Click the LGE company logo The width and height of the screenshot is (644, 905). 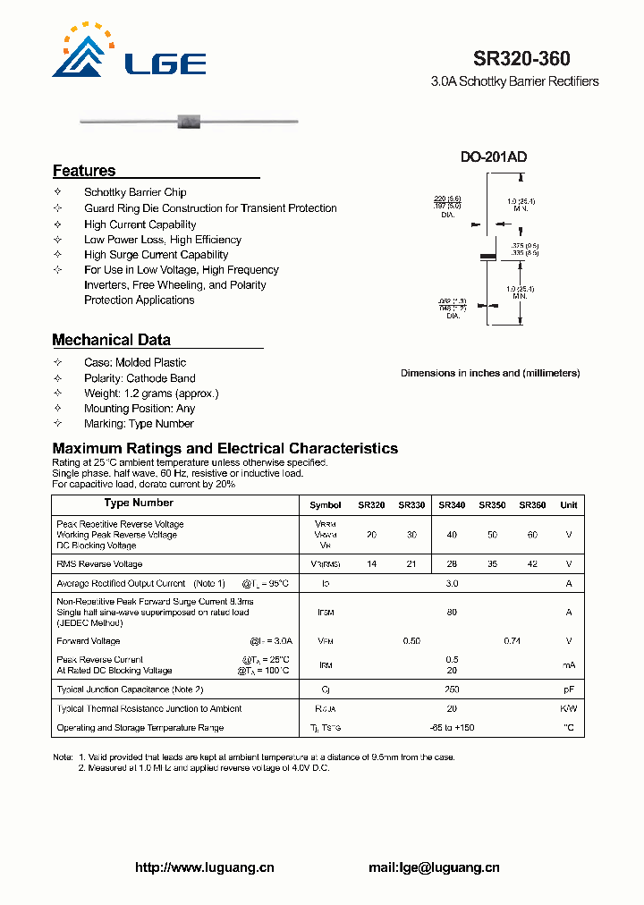(x=129, y=54)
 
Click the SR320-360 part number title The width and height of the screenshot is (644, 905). (x=521, y=58)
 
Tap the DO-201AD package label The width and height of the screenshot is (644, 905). (x=494, y=156)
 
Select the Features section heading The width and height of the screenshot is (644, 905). (x=84, y=171)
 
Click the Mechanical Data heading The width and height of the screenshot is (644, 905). (x=111, y=340)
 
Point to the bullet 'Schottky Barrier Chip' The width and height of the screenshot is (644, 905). (x=135, y=192)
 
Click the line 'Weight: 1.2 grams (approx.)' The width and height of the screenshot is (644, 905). (x=151, y=393)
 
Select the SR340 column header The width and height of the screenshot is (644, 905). (x=452, y=505)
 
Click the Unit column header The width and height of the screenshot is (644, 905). (x=569, y=505)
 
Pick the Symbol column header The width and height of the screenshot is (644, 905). (x=325, y=505)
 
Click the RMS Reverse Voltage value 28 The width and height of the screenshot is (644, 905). (x=452, y=564)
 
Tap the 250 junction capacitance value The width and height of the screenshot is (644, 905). (x=452, y=689)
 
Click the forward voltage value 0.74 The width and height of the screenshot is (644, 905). (x=512, y=641)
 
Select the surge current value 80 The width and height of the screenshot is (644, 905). (x=452, y=613)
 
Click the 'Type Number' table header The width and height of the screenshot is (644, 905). (x=139, y=503)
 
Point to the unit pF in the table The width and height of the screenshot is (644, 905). (x=569, y=689)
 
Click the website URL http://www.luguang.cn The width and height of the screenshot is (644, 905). (x=204, y=867)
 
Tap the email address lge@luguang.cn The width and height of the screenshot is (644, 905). (x=434, y=867)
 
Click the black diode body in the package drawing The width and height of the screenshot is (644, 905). (x=487, y=257)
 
